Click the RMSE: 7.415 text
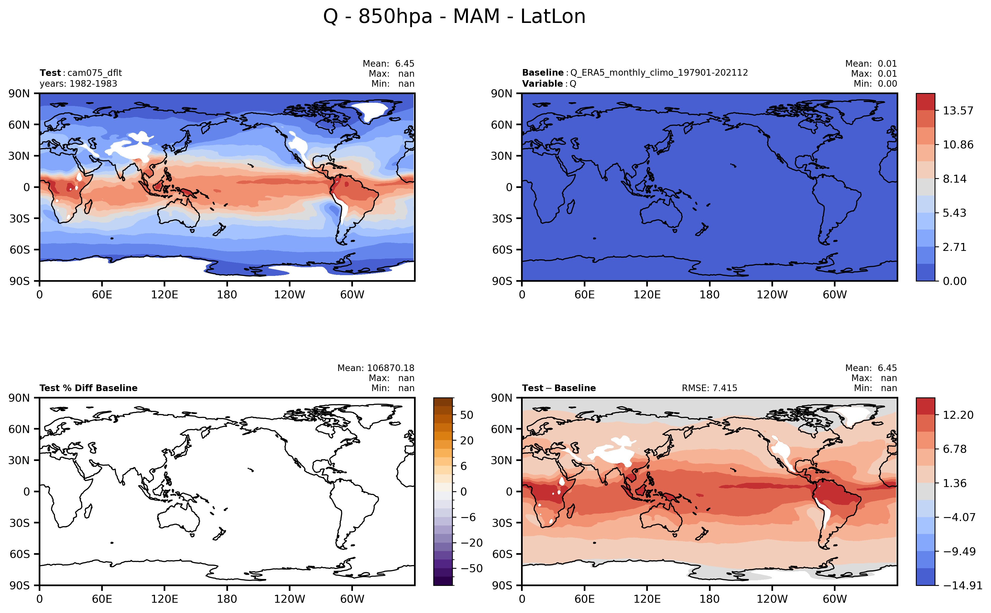click(x=709, y=388)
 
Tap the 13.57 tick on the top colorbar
click(x=958, y=111)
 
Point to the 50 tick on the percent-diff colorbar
click(x=467, y=415)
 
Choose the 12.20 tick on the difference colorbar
click(x=958, y=415)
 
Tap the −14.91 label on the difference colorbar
click(x=963, y=585)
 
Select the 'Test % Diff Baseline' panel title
click(x=88, y=388)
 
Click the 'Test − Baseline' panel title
click(x=559, y=388)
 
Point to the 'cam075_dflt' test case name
click(x=94, y=73)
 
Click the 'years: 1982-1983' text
click(x=78, y=84)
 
